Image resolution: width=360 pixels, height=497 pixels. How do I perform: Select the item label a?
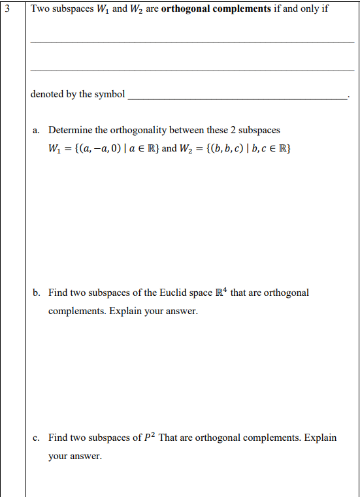click(x=37, y=130)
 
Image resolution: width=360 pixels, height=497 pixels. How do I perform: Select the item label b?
click(x=37, y=293)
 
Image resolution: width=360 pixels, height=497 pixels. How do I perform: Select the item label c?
click(x=37, y=438)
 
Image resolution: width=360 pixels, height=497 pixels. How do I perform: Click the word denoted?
click(x=46, y=94)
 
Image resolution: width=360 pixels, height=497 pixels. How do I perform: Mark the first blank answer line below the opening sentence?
click(x=191, y=42)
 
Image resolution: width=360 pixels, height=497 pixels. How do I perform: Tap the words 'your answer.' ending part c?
click(x=74, y=456)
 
